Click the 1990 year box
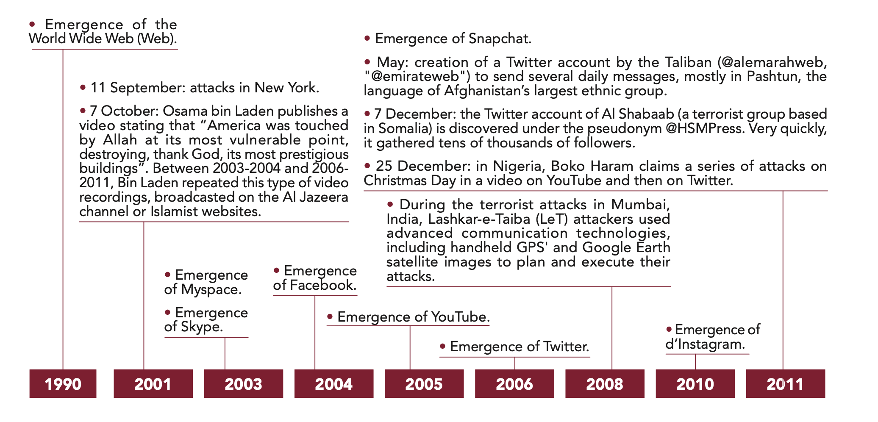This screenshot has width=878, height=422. click(63, 383)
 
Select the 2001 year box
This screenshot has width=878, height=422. click(153, 383)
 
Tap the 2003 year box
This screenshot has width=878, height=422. click(243, 383)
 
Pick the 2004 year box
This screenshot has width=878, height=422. click(334, 383)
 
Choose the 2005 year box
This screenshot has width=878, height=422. click(424, 383)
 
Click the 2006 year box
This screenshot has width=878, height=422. click(514, 383)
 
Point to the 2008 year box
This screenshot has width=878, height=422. click(605, 383)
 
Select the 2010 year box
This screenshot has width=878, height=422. click(695, 383)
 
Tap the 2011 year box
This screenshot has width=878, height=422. click(785, 383)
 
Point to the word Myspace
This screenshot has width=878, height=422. click(211, 290)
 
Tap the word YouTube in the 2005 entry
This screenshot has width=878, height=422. click(460, 317)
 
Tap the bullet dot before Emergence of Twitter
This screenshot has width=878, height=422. click(443, 346)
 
